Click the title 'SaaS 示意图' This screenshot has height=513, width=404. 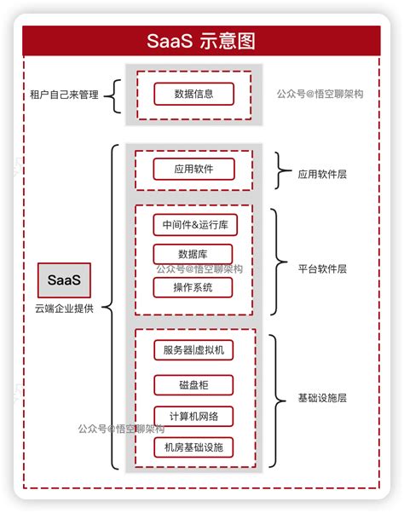click(x=201, y=40)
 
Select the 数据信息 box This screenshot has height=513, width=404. click(x=193, y=95)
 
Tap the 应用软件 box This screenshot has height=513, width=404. click(x=193, y=169)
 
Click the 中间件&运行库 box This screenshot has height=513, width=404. click(x=193, y=225)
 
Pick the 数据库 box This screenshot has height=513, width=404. click(x=193, y=254)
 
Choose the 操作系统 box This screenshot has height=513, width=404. click(x=193, y=287)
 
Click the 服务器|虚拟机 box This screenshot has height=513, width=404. click(x=193, y=349)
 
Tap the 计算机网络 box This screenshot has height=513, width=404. click(x=193, y=416)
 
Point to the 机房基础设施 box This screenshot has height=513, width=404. click(x=193, y=447)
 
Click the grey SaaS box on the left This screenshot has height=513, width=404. click(x=64, y=280)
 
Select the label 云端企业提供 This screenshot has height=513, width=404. click(x=64, y=307)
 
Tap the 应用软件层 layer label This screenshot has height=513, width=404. click(x=322, y=174)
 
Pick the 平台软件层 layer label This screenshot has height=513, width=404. click(x=322, y=268)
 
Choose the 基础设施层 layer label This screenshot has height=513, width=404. click(x=322, y=398)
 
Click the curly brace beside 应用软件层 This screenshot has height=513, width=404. click(x=280, y=170)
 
